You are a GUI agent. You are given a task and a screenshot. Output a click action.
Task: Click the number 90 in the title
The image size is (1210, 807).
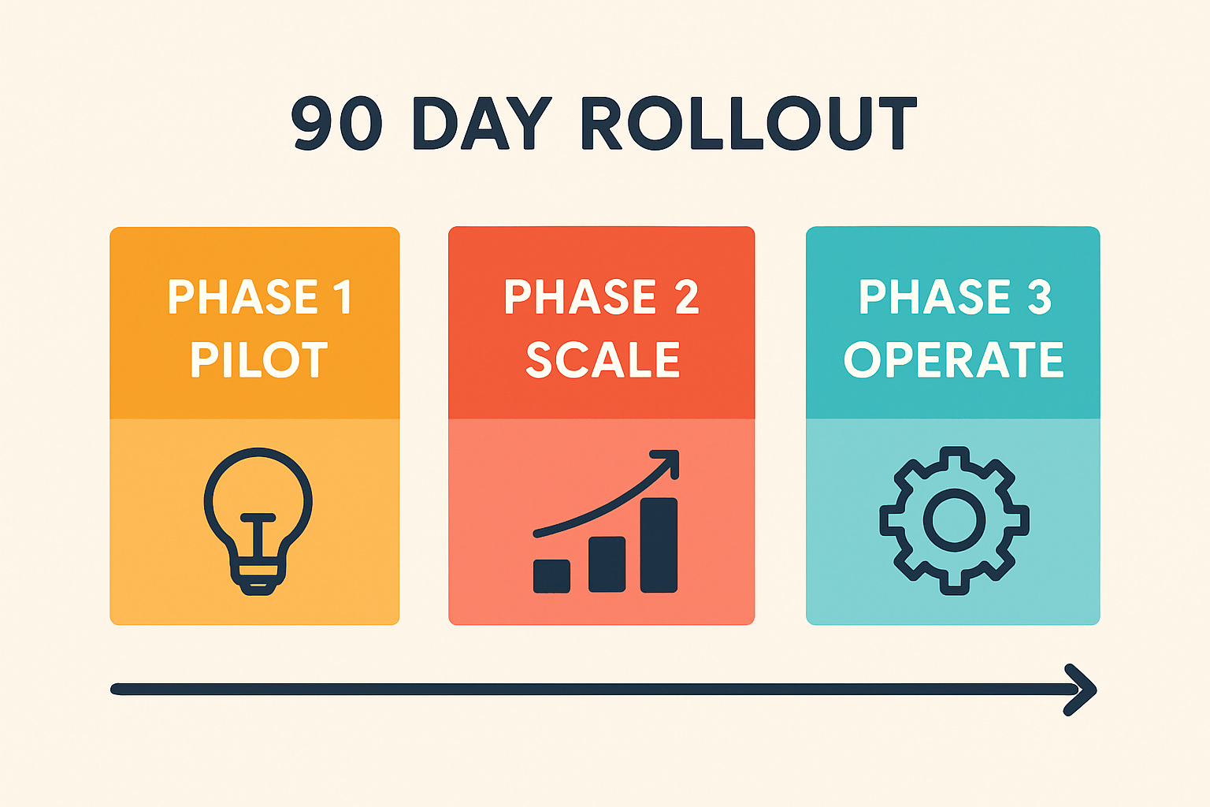(337, 124)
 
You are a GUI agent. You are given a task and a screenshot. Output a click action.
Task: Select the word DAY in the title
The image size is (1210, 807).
(482, 124)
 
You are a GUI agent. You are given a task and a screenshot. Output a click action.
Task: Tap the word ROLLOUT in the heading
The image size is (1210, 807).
(748, 124)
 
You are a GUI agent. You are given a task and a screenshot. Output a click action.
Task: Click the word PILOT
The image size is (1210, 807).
(258, 360)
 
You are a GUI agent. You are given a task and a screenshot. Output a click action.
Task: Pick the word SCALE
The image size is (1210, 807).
(603, 360)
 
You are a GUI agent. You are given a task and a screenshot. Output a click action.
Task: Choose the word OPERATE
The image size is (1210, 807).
(953, 360)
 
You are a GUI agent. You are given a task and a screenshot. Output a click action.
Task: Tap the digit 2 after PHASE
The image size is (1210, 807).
(686, 297)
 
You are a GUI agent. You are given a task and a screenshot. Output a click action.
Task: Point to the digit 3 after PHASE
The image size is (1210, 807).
(1039, 297)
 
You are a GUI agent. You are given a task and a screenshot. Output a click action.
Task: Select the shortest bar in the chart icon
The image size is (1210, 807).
(551, 576)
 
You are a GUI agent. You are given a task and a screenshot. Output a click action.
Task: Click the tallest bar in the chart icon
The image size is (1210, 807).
(659, 545)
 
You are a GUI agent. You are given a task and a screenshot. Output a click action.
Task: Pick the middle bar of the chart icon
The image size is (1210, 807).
(607, 564)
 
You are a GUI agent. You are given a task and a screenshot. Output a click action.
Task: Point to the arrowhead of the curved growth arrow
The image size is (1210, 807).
(668, 462)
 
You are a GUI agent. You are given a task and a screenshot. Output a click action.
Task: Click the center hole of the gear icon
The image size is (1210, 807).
(954, 520)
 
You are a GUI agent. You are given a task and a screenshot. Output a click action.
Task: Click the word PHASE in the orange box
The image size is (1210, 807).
(243, 297)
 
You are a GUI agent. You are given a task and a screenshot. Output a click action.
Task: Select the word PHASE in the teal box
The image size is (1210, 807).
(935, 297)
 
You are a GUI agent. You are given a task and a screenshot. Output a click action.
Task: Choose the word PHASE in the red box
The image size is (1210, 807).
(581, 297)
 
